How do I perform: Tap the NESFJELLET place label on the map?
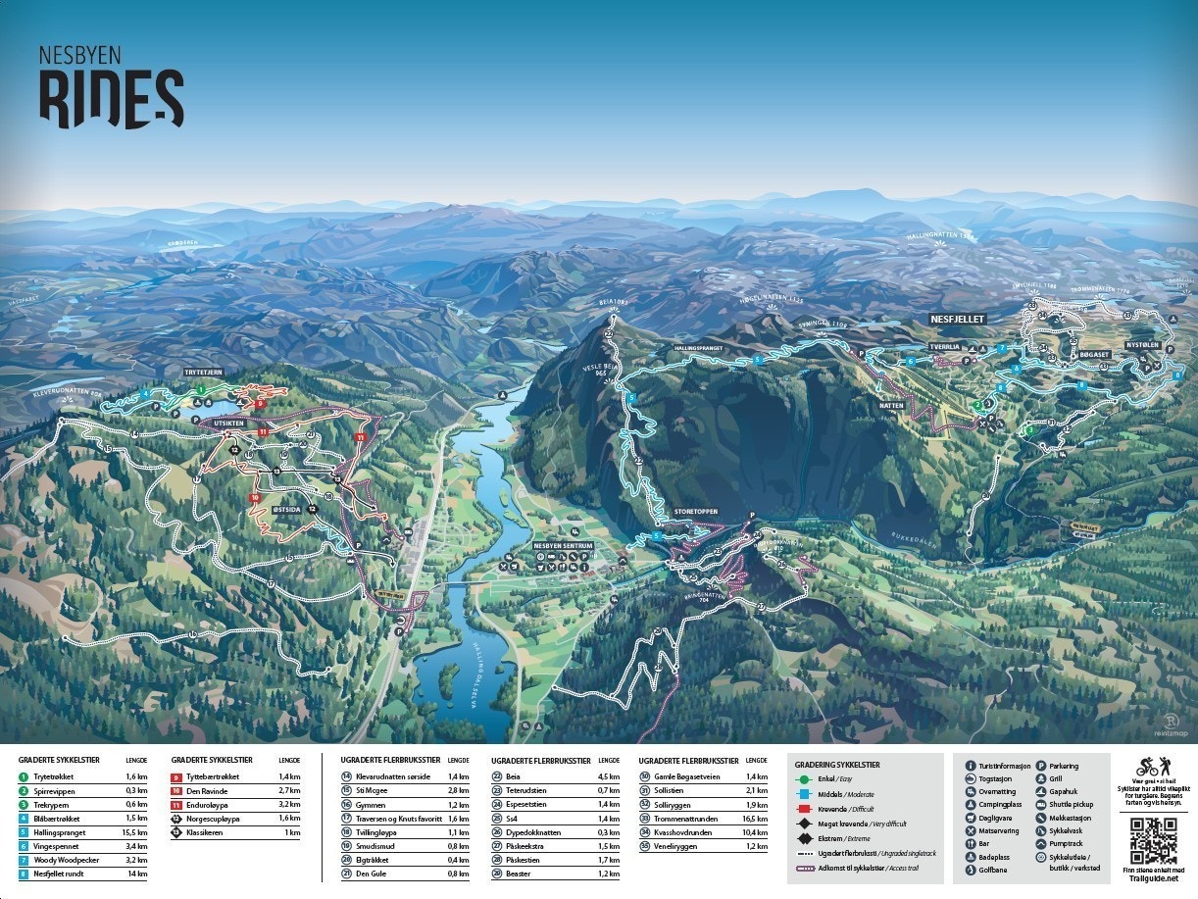pos(957,319)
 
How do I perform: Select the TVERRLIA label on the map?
pos(945,346)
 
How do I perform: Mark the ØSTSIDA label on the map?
pos(285,497)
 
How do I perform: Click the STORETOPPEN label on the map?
pos(696,512)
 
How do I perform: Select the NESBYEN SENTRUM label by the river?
pos(563,545)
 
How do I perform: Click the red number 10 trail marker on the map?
pos(255,498)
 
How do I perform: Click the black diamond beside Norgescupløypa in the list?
pos(176,818)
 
